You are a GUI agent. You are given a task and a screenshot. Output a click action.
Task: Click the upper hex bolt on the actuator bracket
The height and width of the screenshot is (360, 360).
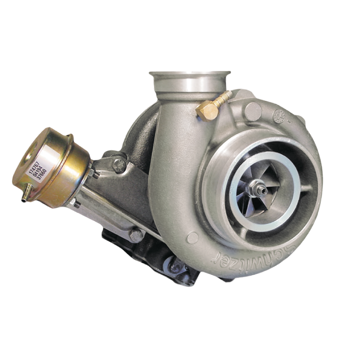pos(119,164)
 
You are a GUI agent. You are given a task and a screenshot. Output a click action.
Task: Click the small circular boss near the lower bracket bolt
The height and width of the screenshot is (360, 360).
pos(192,236)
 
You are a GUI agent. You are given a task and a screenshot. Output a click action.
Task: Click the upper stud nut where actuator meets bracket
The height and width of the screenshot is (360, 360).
pos(92,173)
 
